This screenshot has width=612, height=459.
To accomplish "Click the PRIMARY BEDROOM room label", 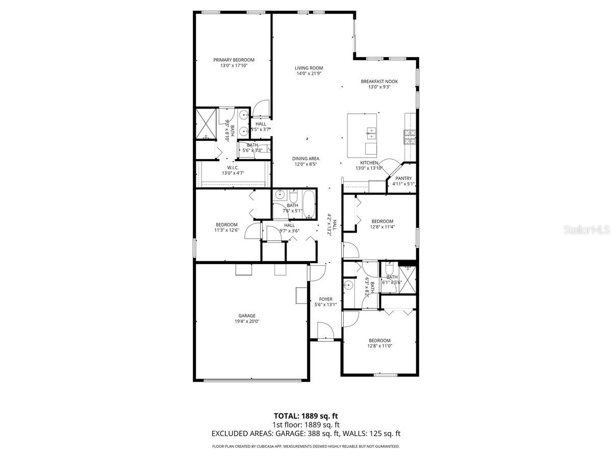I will point(234,60).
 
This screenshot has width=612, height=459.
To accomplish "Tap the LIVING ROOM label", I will point(309,68).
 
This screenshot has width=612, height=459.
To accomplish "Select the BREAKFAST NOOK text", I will point(379,81).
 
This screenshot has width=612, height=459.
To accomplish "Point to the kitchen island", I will point(363,135).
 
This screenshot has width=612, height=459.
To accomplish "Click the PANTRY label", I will point(403,178).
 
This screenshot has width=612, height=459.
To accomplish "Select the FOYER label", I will point(325,299).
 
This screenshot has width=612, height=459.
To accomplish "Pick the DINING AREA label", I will point(305,159).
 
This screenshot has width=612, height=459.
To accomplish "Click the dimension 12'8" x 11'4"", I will point(382,227).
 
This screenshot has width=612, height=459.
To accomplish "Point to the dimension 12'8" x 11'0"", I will point(379,346).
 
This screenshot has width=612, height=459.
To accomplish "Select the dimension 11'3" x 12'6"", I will point(226,231).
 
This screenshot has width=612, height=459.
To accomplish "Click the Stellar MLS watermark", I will point(585,231).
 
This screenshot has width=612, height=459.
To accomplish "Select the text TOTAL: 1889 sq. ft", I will point(305,416).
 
